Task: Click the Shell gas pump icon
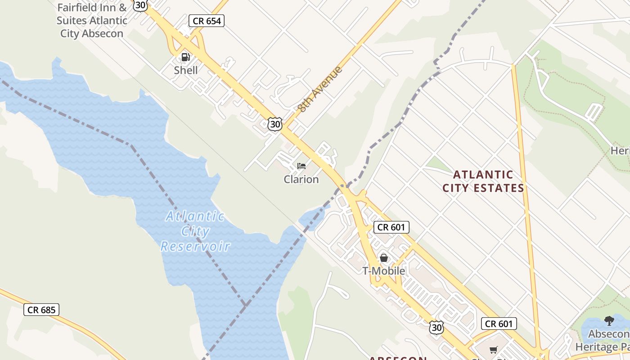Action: click(185, 57)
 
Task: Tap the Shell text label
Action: click(186, 70)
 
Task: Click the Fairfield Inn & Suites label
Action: click(92, 20)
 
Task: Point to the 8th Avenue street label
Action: click(319, 89)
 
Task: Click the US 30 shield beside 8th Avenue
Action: click(274, 124)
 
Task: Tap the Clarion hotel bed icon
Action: click(301, 166)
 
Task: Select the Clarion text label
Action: click(301, 179)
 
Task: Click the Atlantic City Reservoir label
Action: click(195, 231)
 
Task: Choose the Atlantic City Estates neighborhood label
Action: click(483, 181)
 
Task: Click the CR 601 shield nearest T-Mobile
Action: click(391, 227)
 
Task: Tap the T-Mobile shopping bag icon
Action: click(384, 258)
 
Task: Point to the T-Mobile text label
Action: click(384, 271)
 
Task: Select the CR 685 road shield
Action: click(41, 310)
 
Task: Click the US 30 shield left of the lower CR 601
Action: click(436, 328)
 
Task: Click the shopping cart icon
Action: click(494, 350)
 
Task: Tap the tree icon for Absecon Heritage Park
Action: click(609, 321)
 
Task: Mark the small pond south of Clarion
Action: click(314, 217)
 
